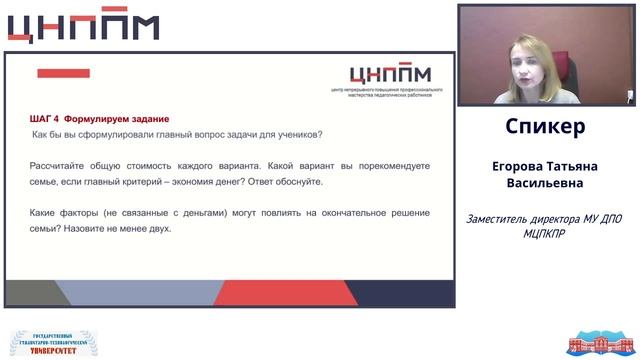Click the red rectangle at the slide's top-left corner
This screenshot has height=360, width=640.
63,73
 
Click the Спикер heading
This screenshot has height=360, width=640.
545,128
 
